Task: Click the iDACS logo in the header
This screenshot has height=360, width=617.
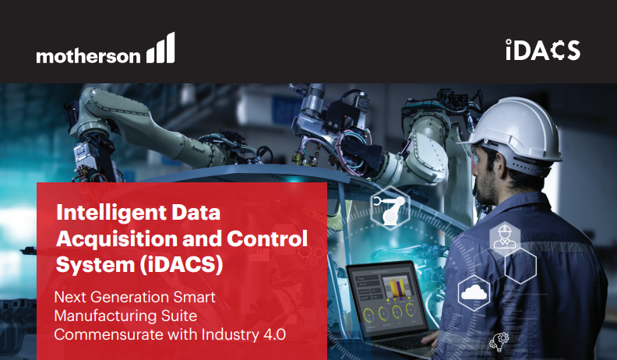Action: pyautogui.click(x=542, y=51)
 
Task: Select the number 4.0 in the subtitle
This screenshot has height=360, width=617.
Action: pyautogui.click(x=272, y=334)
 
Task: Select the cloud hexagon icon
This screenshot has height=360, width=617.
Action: pyautogui.click(x=474, y=293)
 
